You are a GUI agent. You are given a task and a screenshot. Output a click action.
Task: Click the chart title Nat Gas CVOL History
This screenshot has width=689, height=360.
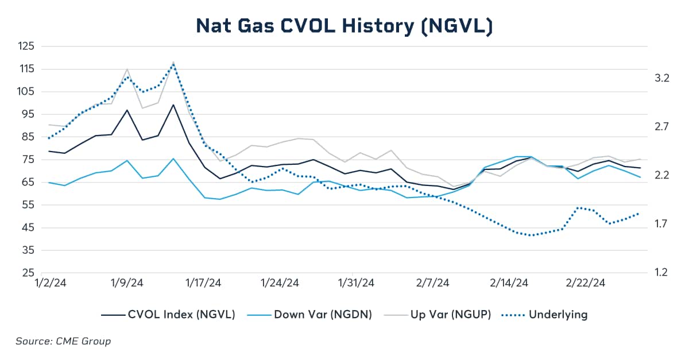pyautogui.click(x=344, y=26)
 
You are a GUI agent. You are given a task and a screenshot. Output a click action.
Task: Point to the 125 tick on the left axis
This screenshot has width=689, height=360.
pyautogui.click(x=25, y=46)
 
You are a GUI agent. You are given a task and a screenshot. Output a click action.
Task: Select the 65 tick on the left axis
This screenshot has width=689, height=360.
pyautogui.click(x=28, y=183)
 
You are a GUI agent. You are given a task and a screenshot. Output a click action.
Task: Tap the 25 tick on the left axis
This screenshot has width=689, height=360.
pyautogui.click(x=28, y=273)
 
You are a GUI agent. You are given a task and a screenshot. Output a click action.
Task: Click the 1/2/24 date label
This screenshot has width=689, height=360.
pyautogui.click(x=49, y=283)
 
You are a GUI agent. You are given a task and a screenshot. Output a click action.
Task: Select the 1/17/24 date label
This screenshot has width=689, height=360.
pyautogui.click(x=203, y=283)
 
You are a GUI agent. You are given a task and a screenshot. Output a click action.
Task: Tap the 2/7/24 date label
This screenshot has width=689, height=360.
pyautogui.click(x=432, y=283)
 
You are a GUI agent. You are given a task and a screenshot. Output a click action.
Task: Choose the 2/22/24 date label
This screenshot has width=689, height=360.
pyautogui.click(x=586, y=283)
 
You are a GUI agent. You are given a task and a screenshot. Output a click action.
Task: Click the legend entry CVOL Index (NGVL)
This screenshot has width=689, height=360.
pyautogui.click(x=168, y=315)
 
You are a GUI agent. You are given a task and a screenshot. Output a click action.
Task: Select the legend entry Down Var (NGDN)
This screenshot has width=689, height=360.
pyautogui.click(x=310, y=315)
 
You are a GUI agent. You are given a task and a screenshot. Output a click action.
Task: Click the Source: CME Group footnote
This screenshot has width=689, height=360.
pyautogui.click(x=63, y=341)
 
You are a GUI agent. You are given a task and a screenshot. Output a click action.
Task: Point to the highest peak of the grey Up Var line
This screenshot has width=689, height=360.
pyautogui.click(x=173, y=62)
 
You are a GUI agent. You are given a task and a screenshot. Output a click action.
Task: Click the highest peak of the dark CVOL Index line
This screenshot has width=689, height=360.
pyautogui.click(x=173, y=104)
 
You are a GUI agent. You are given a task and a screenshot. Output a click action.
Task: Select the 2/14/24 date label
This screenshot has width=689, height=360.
pyautogui.click(x=509, y=283)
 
